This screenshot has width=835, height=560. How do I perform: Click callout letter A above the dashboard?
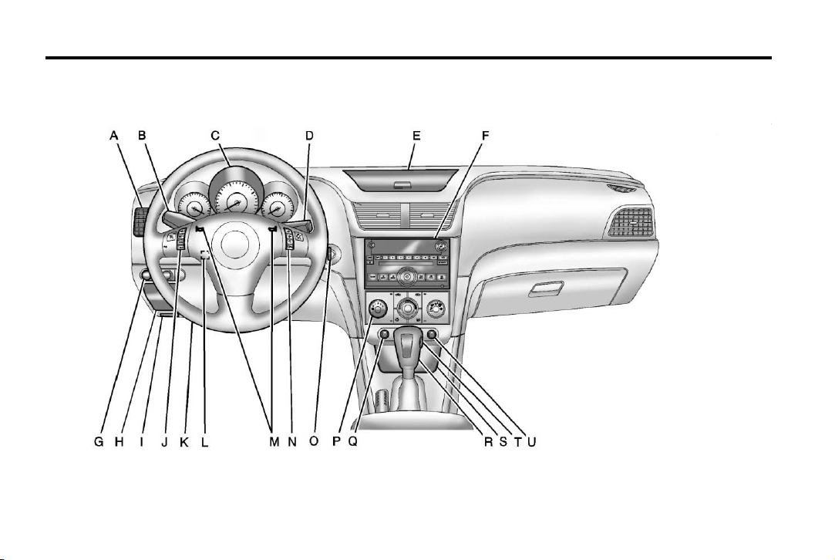click(113, 137)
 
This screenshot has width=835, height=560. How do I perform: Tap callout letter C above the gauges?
click(215, 137)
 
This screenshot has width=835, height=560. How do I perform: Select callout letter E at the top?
click(416, 137)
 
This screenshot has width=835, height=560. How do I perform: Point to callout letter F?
click(485, 137)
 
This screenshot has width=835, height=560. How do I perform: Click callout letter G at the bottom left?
click(99, 442)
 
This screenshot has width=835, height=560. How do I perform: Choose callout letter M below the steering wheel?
click(274, 442)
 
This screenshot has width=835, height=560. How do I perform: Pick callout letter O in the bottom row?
click(314, 442)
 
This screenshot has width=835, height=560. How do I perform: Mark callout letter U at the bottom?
click(531, 442)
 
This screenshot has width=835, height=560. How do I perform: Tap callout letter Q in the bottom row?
click(352, 442)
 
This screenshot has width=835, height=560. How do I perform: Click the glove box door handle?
click(547, 288)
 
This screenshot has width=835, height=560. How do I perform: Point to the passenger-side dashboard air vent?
click(631, 222)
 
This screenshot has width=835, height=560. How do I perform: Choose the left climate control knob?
click(378, 309)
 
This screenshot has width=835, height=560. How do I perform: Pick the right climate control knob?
click(436, 309)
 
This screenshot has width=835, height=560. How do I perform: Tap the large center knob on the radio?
click(407, 277)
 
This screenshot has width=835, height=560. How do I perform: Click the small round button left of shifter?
click(383, 335)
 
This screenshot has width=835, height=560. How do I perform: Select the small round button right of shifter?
click(433, 335)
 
